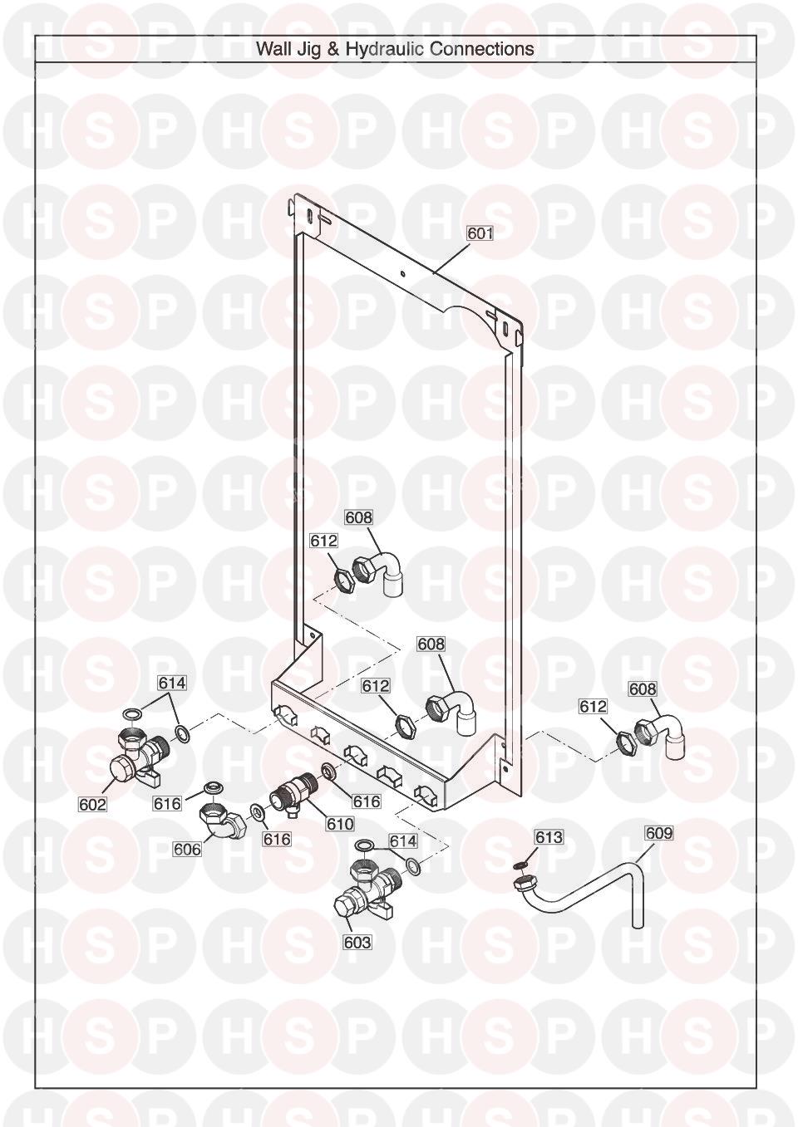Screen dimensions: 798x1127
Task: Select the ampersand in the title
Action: [x=334, y=49]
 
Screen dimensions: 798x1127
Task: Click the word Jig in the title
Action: [x=307, y=50]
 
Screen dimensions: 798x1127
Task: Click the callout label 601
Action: [x=480, y=233]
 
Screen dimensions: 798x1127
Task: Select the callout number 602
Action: [x=93, y=805]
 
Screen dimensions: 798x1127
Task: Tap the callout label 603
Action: [x=357, y=942]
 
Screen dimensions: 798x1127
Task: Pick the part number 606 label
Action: [x=187, y=850]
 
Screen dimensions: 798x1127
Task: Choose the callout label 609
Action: [x=658, y=833]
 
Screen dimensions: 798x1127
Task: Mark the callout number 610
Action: [x=340, y=824]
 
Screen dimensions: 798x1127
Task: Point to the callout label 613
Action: [x=549, y=837]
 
